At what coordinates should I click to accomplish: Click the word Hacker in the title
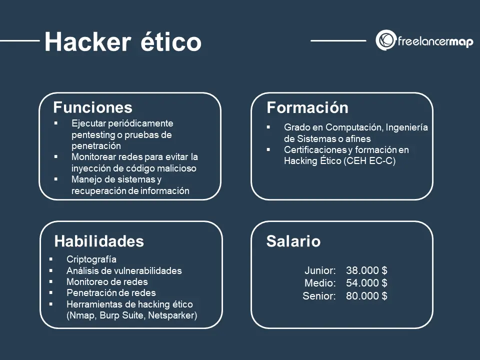(88, 41)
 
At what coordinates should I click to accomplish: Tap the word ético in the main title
(171, 41)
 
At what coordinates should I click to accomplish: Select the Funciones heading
(93, 107)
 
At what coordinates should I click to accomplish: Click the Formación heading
(307, 107)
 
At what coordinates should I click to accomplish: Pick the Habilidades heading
(99, 241)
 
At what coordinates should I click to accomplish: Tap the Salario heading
(293, 241)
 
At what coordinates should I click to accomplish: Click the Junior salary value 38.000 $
(366, 270)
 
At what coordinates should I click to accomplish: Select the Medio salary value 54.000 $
(366, 283)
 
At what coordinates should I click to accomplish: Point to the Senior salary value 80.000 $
(366, 295)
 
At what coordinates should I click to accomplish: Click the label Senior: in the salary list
(319, 296)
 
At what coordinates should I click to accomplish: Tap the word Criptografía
(91, 259)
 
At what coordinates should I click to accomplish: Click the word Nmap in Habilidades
(81, 315)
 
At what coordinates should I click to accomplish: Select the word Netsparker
(172, 315)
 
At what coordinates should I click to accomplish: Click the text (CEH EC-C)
(369, 161)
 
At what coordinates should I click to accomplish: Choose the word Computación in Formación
(354, 127)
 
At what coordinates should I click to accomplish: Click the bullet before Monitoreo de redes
(51, 281)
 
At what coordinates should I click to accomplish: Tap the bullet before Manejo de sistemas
(55, 179)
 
